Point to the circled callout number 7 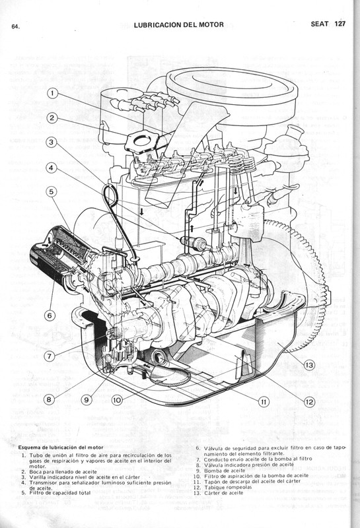(x=50, y=356)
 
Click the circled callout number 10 (x=116, y=399)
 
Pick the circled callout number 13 (x=310, y=365)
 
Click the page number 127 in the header (x=340, y=25)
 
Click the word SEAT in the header (x=320, y=25)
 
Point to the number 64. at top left (x=15, y=27)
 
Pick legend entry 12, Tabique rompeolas (x=232, y=486)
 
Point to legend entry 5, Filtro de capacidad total (x=65, y=492)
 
